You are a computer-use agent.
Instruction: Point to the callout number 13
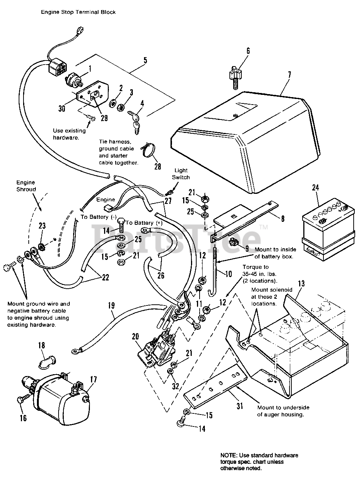[301, 283]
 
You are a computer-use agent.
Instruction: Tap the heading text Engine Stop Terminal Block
[78, 12]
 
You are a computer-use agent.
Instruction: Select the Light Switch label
[181, 174]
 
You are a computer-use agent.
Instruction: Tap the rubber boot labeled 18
[47, 360]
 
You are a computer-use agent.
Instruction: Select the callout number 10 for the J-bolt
[228, 274]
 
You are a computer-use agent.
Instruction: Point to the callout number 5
[145, 60]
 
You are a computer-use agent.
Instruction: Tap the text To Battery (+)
[145, 223]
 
